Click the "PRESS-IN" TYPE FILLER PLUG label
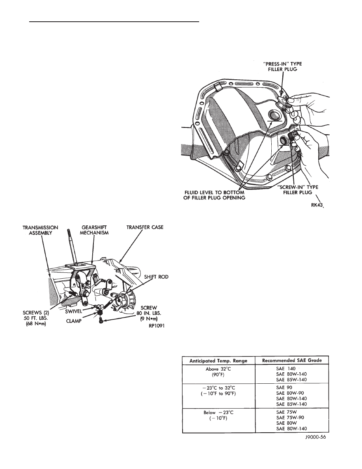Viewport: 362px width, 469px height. (283, 66)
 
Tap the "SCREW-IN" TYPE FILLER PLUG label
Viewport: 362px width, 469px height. (297, 189)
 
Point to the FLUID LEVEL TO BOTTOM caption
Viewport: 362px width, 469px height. (215, 192)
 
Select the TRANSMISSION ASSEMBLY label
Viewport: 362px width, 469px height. (40, 230)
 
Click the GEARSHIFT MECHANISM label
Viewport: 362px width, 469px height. (94, 230)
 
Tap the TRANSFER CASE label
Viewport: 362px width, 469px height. (145, 227)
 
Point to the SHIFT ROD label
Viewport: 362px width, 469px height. (156, 277)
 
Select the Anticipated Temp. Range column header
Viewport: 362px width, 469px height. (218, 360)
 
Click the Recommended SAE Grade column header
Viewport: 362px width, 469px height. (292, 360)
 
